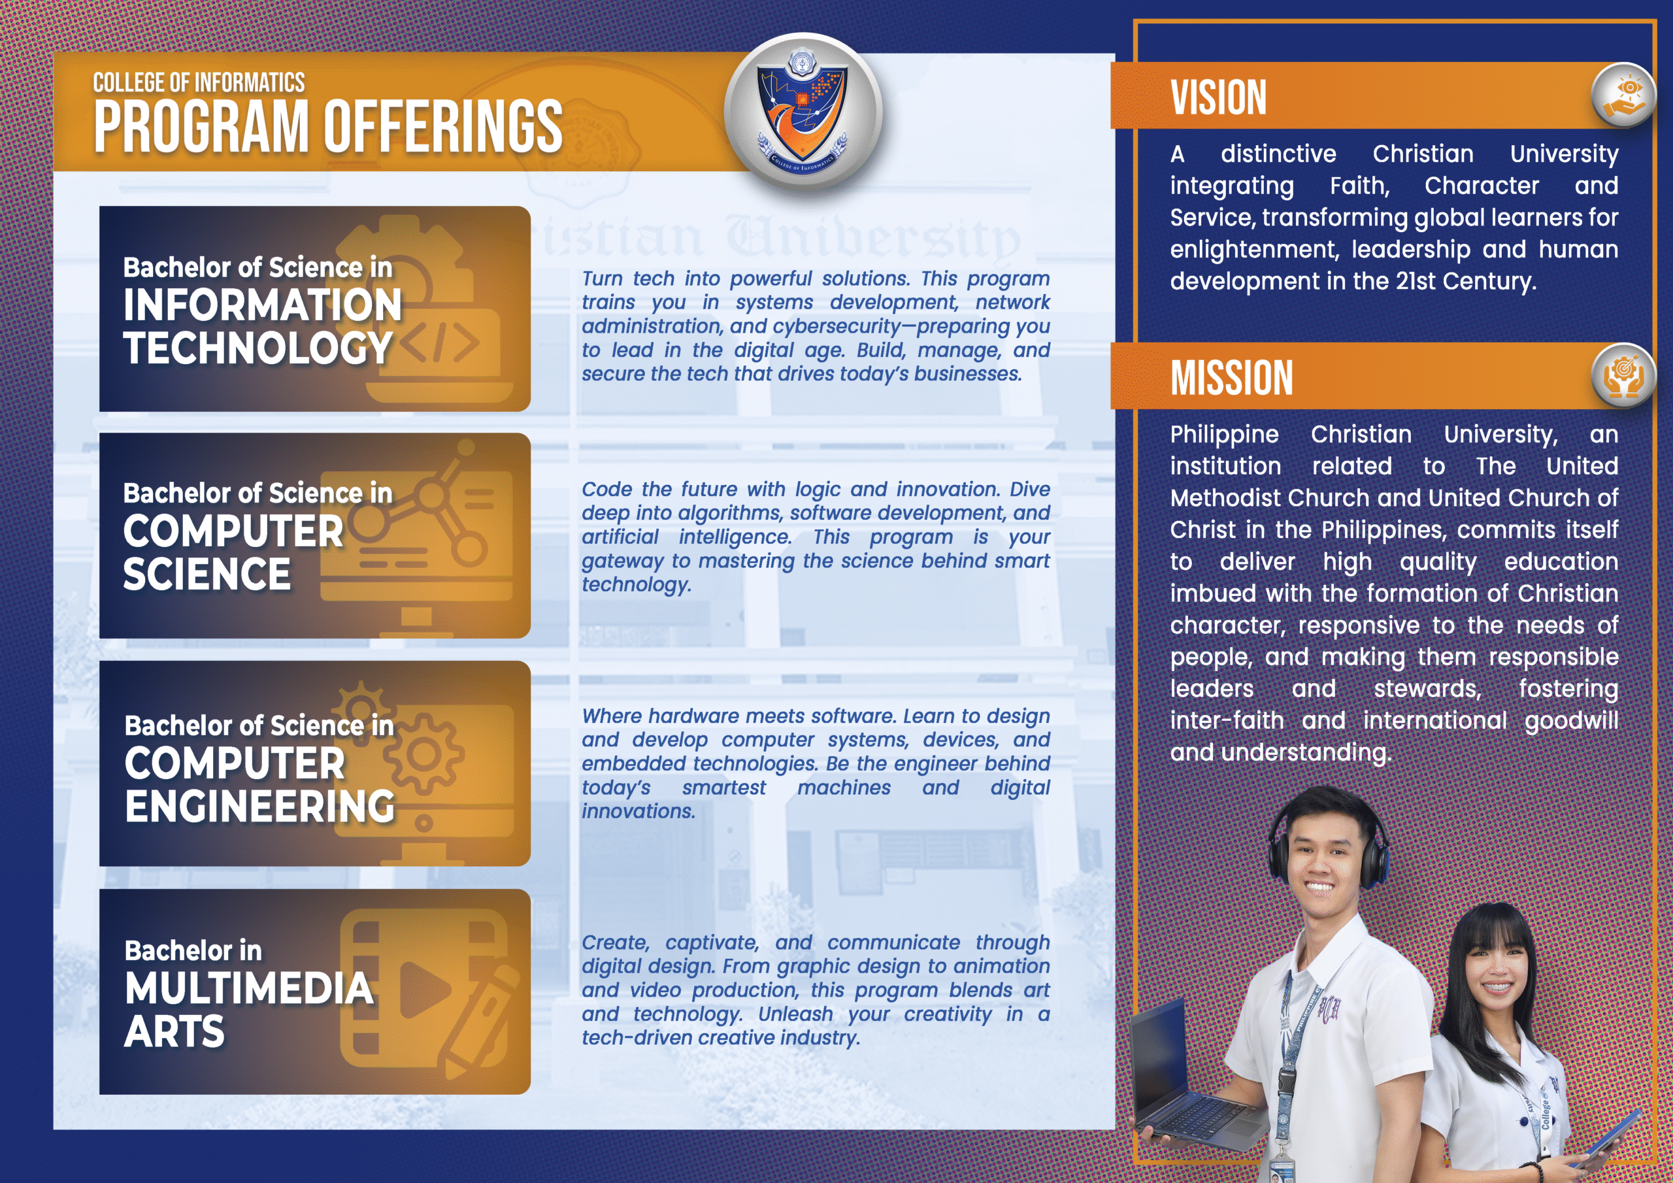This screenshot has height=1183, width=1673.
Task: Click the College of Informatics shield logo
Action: tap(803, 111)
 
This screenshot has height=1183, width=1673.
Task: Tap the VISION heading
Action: tap(1218, 97)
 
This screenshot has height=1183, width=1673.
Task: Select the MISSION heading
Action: tap(1231, 378)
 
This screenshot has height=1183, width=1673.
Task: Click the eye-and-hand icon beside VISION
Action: tap(1623, 95)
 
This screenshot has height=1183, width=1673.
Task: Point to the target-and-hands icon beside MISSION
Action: tap(1623, 375)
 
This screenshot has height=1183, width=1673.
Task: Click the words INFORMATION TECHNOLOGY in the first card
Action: tap(262, 326)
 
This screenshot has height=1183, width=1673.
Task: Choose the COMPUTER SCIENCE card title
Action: tap(233, 552)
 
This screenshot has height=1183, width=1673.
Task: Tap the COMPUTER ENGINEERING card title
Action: tap(259, 784)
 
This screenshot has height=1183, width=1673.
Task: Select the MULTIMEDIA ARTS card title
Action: tap(248, 1010)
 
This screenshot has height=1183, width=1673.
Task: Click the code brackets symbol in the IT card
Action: tap(439, 343)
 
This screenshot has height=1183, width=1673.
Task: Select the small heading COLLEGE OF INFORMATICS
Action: tap(199, 82)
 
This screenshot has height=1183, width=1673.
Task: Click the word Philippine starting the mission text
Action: tap(1224, 435)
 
